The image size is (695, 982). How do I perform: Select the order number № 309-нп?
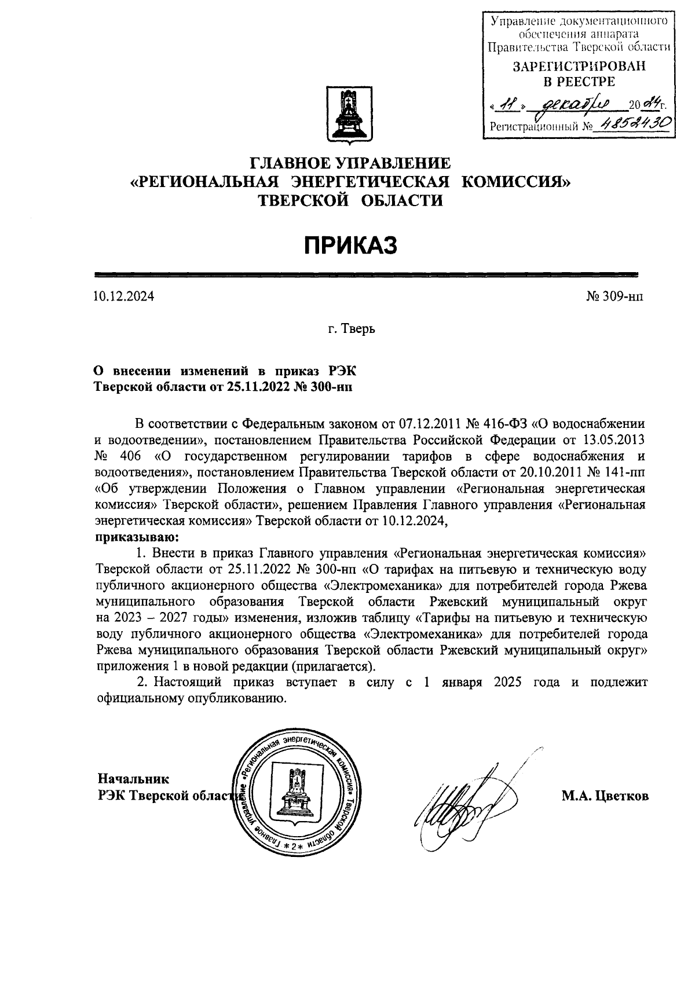[x=614, y=298]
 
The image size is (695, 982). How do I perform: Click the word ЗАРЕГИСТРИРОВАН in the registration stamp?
[x=579, y=67]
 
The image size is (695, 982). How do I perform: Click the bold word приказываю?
[x=137, y=537]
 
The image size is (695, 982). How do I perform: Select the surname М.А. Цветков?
[x=605, y=796]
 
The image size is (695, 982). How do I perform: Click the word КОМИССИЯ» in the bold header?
[x=515, y=181]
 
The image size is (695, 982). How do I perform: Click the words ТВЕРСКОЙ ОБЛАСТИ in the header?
[x=350, y=200]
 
